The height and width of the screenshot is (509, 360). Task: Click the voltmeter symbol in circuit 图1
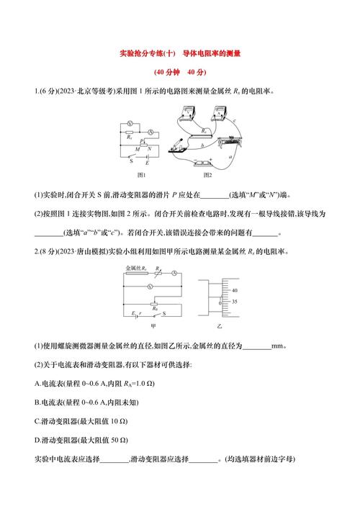tap(130, 124)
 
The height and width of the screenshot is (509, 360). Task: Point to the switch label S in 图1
tap(121, 162)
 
